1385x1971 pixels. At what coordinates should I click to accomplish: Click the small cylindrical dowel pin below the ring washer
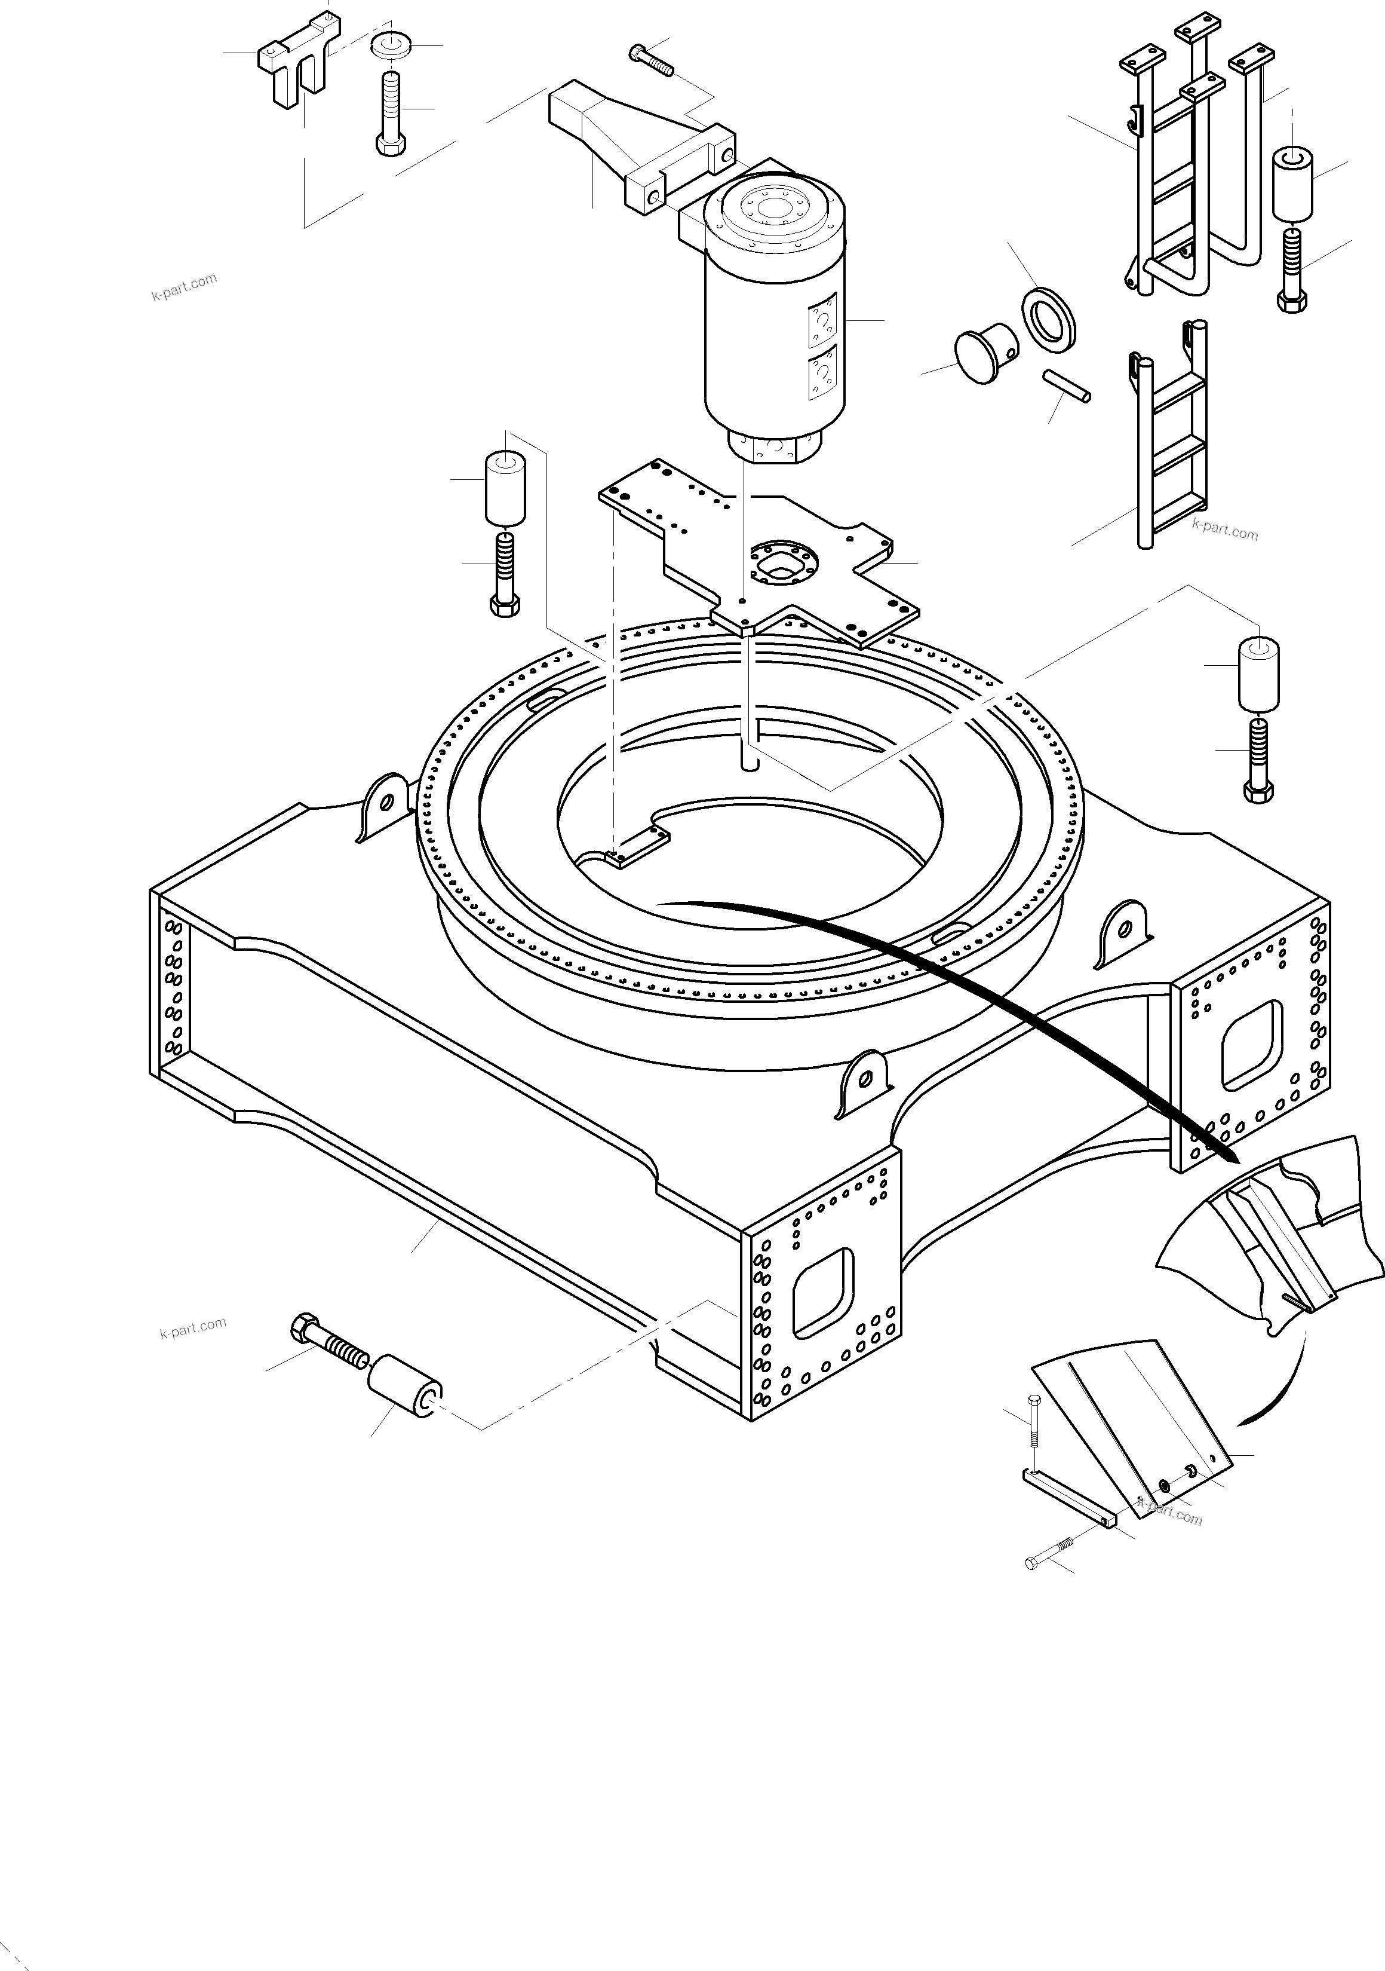coord(1067,385)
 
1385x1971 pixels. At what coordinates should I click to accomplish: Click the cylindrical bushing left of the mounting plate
coord(505,489)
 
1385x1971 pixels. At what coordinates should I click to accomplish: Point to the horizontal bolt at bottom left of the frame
coord(330,1343)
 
